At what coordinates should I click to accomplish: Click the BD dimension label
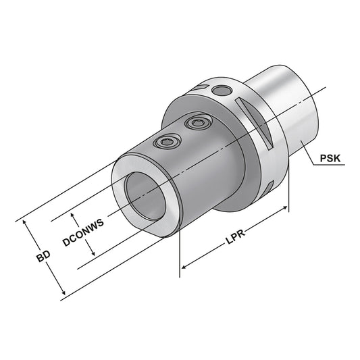coord(43,257)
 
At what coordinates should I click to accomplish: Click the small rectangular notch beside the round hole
coord(201,88)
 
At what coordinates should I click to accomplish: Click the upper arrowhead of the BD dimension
coord(26,222)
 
